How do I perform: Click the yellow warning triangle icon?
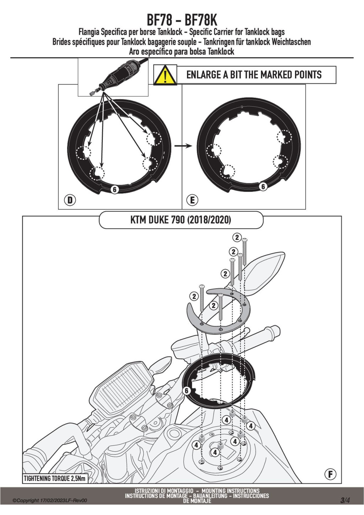pyautogui.click(x=165, y=75)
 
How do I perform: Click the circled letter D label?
pyautogui.click(x=70, y=200)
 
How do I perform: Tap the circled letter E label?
pyautogui.click(x=192, y=200)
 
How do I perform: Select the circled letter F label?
pyautogui.click(x=330, y=474)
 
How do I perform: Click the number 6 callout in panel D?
pyautogui.click(x=114, y=190)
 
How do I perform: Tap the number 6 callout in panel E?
pyautogui.click(x=263, y=186)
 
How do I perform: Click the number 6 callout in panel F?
pyautogui.click(x=186, y=391)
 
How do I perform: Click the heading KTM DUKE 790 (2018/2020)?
pyautogui.click(x=181, y=220)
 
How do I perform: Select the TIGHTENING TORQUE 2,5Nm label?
pyautogui.click(x=55, y=478)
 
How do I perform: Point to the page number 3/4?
pyautogui.click(x=345, y=500)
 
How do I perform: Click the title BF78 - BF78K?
pyautogui.click(x=182, y=20)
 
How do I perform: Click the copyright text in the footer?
pyautogui.click(x=50, y=500)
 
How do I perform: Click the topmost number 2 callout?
pyautogui.click(x=237, y=237)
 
